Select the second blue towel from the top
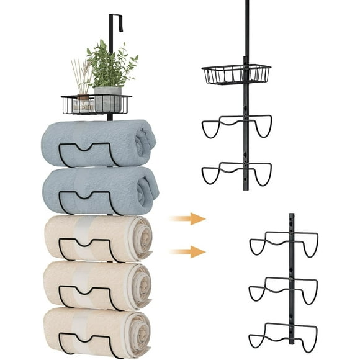click(x=93, y=189)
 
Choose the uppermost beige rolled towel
click(x=93, y=238)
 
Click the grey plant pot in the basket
click(x=107, y=99)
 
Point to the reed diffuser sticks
click(x=81, y=74)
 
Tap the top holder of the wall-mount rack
click(x=284, y=243)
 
